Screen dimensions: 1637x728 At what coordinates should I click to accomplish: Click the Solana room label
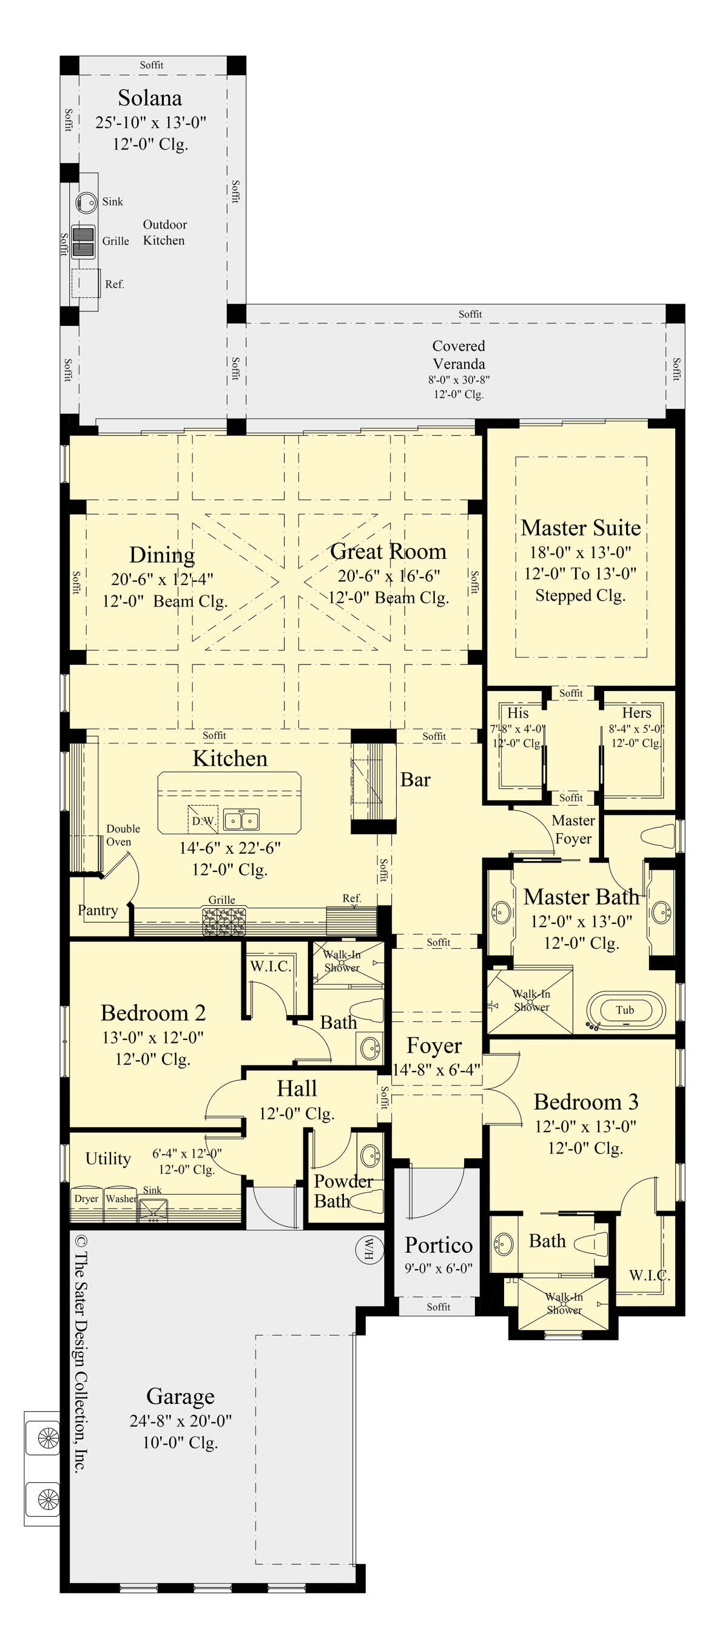150,98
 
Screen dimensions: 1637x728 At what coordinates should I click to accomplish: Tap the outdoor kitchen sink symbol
85,202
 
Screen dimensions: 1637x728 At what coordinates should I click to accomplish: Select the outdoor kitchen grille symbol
83,241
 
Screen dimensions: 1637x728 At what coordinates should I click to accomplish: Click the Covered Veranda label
459,354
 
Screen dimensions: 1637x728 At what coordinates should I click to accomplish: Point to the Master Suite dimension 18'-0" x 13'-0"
580,552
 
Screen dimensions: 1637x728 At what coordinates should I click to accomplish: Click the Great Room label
388,551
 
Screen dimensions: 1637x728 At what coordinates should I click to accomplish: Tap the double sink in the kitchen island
241,820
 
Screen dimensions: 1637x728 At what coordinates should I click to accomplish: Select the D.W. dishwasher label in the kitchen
203,821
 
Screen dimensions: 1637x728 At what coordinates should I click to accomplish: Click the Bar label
415,780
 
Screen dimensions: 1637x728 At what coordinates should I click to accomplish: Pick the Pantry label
98,910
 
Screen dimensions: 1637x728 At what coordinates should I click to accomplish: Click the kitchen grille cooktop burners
224,921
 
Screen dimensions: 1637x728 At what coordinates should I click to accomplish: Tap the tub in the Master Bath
625,1010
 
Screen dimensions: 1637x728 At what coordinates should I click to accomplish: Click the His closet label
517,713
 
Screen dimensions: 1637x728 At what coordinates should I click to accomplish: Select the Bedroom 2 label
152,1013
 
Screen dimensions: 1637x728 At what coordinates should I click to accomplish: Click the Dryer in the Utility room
86,1198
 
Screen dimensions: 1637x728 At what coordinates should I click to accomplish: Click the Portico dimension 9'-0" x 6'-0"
439,1269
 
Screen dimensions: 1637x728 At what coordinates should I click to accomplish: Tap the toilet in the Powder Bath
366,1201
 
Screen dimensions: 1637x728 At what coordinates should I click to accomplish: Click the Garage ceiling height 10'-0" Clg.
180,1443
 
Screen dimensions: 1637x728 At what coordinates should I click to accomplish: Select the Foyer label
434,1045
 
